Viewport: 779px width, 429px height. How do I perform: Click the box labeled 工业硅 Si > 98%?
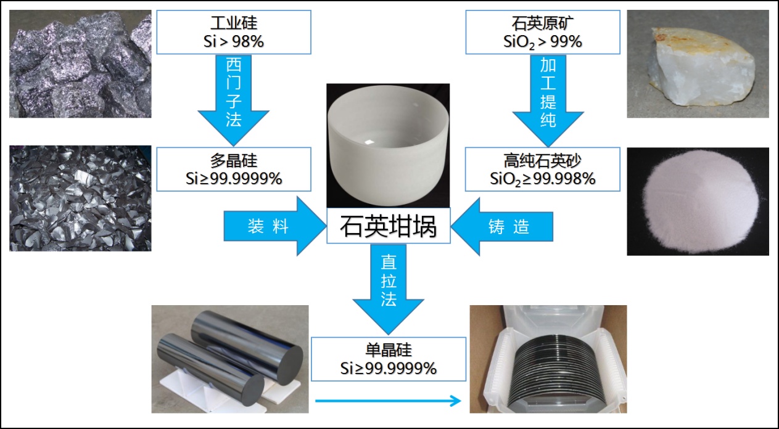pyautogui.click(x=234, y=32)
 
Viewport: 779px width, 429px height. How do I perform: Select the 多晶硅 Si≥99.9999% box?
pyautogui.click(x=234, y=170)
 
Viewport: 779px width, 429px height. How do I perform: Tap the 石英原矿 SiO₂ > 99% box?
pyautogui.click(x=543, y=32)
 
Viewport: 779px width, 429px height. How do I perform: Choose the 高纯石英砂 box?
pyautogui.click(x=543, y=170)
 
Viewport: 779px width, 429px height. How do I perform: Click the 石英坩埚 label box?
pyautogui.click(x=389, y=226)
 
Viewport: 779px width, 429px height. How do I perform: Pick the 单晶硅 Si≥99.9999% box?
pyautogui.click(x=389, y=359)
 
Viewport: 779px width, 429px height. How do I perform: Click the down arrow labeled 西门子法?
pyautogui.click(x=233, y=100)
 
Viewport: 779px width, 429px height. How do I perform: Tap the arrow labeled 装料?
pyautogui.click(x=274, y=226)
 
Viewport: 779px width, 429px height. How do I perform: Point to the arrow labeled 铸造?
pyautogui.click(x=502, y=226)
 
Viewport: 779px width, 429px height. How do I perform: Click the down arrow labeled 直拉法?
pyautogui.click(x=389, y=289)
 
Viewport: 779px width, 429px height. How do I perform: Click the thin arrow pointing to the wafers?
pyautogui.click(x=388, y=401)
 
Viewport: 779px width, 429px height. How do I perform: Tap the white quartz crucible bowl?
pyautogui.click(x=388, y=145)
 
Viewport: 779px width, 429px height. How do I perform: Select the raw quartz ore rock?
pyautogui.click(x=701, y=67)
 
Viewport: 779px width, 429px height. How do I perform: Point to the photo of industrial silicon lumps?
pyautogui.click(x=80, y=64)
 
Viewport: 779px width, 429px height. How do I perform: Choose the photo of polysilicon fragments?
pyautogui.click(x=80, y=198)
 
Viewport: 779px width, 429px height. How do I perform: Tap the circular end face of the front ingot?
pyautogui.click(x=251, y=390)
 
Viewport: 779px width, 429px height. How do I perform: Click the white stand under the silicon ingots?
pyautogui.click(x=223, y=390)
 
